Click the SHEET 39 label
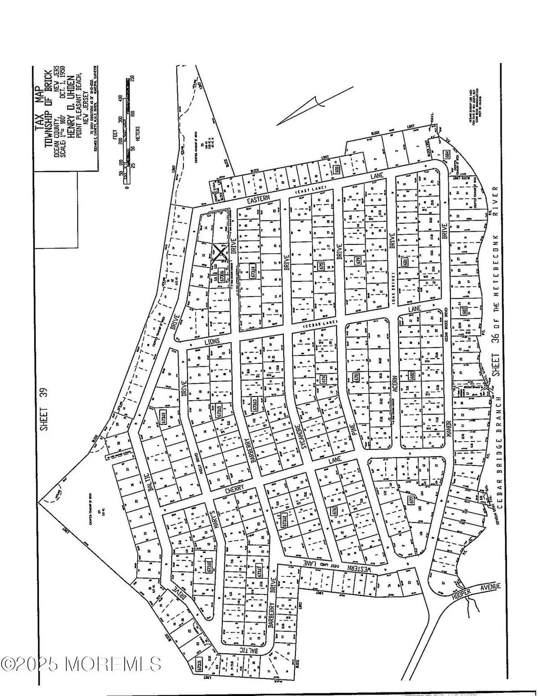[43, 409]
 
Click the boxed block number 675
[320, 266]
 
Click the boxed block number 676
[334, 510]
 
